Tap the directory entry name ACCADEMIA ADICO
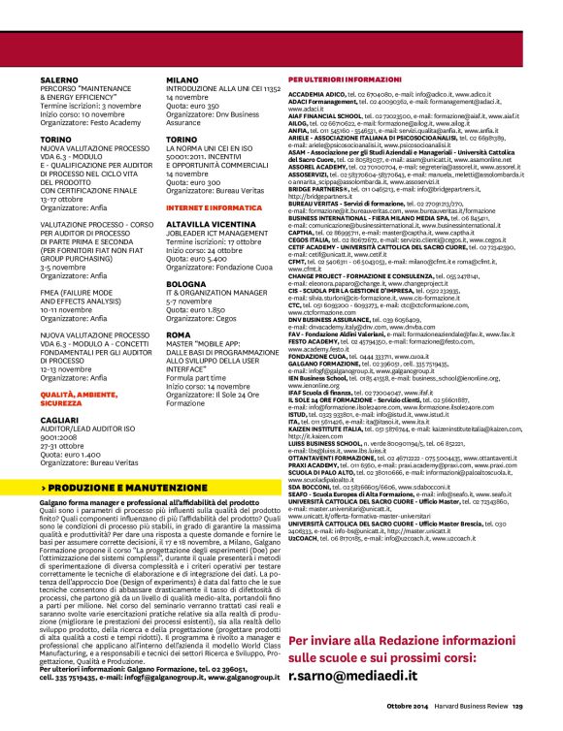coord(316,95)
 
